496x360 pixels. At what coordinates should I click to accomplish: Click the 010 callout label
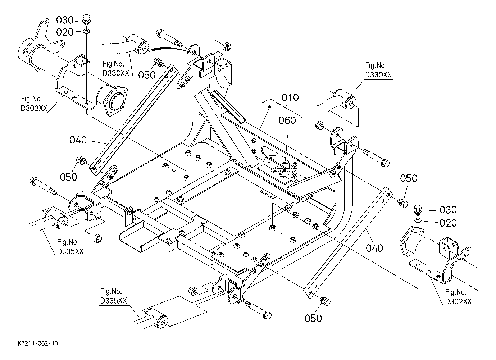tap(290, 97)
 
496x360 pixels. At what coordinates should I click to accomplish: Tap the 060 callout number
tap(287, 120)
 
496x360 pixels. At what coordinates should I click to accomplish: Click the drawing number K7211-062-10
tap(37, 343)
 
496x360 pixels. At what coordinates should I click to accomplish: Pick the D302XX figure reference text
tap(458, 301)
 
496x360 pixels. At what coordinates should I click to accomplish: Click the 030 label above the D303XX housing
tap(65, 20)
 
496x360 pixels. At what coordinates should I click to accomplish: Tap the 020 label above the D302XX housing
tap(448, 223)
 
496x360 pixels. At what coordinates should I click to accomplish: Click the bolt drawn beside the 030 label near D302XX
tap(418, 209)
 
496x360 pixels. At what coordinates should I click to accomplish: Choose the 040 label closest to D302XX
tap(375, 248)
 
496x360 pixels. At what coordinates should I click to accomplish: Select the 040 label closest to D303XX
tap(78, 140)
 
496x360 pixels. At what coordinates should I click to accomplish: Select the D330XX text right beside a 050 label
tap(116, 73)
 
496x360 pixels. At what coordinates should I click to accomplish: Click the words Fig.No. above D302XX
tap(456, 292)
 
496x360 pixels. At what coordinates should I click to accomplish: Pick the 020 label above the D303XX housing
tap(65, 32)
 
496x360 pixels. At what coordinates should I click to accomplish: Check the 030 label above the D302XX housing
tap(448, 209)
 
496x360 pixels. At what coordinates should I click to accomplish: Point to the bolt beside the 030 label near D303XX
tap(86, 19)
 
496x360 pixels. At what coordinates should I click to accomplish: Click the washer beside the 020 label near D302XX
tap(418, 219)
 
